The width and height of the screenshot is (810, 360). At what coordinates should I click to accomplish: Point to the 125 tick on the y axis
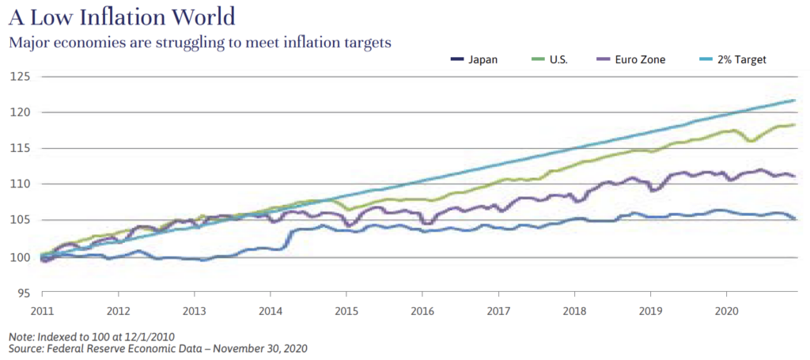pyautogui.click(x=20, y=77)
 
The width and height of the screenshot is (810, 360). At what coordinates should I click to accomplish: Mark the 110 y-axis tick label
pyautogui.click(x=20, y=184)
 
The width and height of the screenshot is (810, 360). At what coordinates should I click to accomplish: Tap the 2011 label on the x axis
pyautogui.click(x=42, y=310)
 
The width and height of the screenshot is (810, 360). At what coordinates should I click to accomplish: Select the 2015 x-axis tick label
pyautogui.click(x=346, y=310)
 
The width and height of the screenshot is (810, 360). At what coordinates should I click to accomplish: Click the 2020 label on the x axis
pyautogui.click(x=726, y=310)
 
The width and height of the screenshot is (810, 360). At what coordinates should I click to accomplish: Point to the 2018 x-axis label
pyautogui.click(x=574, y=310)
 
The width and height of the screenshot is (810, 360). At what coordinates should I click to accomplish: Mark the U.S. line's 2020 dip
pyautogui.click(x=750, y=141)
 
